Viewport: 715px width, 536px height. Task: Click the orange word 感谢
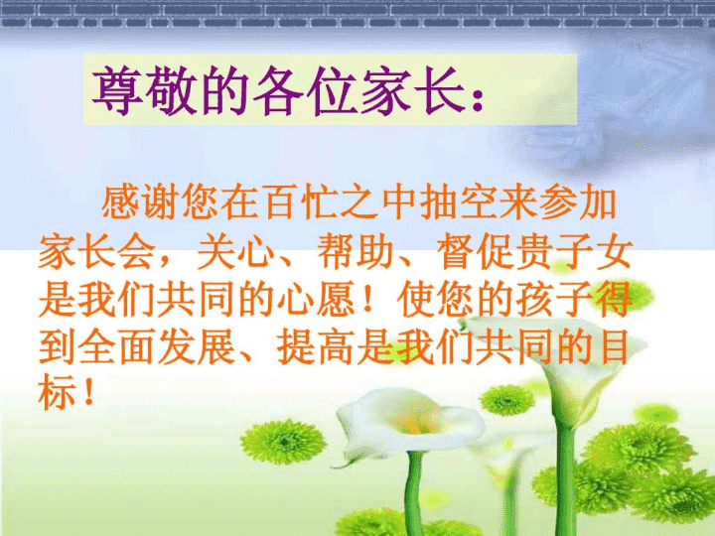(x=140, y=201)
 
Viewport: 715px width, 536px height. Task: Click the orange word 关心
(x=235, y=251)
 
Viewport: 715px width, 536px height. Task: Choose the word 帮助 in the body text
(x=356, y=251)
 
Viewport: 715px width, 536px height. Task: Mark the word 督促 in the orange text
(x=475, y=251)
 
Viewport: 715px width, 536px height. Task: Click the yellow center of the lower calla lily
(x=413, y=426)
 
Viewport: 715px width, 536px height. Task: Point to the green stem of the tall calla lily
(x=565, y=478)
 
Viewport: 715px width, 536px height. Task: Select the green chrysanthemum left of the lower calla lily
(x=284, y=441)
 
